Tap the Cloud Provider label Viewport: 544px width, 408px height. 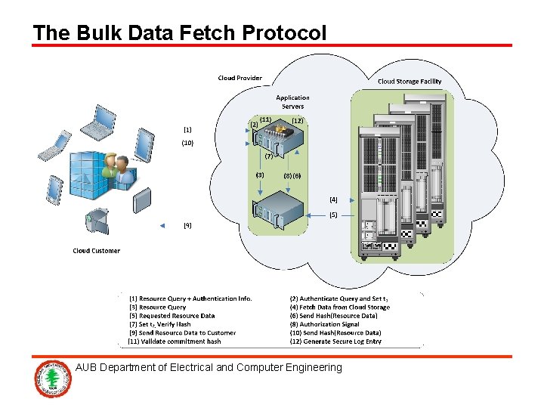(x=240, y=78)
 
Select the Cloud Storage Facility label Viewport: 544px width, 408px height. (x=410, y=82)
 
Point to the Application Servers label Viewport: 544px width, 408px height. (x=292, y=102)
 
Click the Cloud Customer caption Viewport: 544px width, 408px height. (x=96, y=251)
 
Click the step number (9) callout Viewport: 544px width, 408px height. (x=187, y=225)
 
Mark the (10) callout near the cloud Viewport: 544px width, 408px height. (x=187, y=143)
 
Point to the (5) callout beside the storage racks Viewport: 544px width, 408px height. (x=333, y=215)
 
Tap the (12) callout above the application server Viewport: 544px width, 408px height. (x=298, y=120)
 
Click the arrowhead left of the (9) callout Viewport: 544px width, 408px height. (x=162, y=226)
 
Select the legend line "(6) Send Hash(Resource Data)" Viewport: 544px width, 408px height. (x=333, y=316)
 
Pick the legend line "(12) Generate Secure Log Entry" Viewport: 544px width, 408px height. (x=335, y=342)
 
